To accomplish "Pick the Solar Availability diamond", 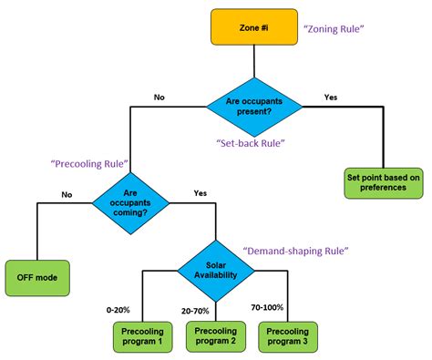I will point(215,271).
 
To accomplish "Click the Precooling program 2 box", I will point(216,336).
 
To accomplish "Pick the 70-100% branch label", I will point(274,310).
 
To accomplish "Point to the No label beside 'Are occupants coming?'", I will point(67,193).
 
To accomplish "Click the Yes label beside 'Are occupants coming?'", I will point(201,193).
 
